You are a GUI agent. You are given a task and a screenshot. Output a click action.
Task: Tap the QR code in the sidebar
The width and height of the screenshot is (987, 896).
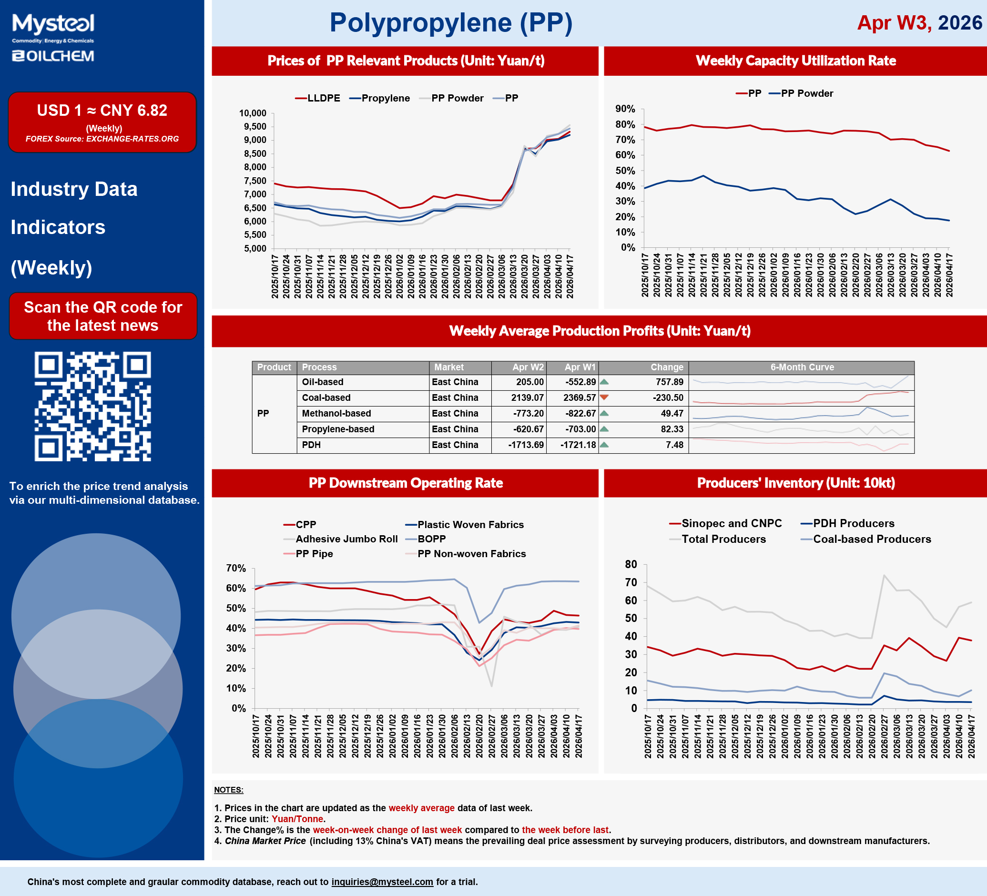pyautogui.click(x=92, y=406)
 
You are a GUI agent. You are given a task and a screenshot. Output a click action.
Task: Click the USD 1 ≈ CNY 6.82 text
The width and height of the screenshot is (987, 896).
pyautogui.click(x=102, y=111)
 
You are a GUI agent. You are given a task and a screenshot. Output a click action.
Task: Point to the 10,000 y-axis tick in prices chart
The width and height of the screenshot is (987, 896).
pyautogui.click(x=253, y=113)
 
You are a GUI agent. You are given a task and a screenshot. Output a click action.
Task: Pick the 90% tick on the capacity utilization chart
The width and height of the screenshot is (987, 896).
pyautogui.click(x=625, y=109)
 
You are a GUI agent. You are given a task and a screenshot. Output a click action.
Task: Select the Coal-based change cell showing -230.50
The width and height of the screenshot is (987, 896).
pyautogui.click(x=667, y=397)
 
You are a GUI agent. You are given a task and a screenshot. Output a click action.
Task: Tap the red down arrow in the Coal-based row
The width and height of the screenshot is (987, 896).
pyautogui.click(x=604, y=397)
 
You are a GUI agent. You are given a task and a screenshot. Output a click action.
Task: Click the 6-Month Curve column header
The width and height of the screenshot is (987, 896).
pyautogui.click(x=802, y=367)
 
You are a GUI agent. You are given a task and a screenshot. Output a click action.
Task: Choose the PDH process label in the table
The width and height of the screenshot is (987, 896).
pyautogui.click(x=311, y=445)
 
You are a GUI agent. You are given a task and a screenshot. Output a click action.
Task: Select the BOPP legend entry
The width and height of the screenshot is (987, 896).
pyautogui.click(x=431, y=539)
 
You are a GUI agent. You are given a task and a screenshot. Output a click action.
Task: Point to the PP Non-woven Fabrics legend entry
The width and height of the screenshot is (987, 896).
pyautogui.click(x=471, y=553)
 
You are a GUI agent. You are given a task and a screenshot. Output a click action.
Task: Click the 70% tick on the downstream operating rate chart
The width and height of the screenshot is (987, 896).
pyautogui.click(x=236, y=568)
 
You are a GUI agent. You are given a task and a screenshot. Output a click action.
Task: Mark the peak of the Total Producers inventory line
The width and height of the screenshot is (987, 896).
pyautogui.click(x=884, y=575)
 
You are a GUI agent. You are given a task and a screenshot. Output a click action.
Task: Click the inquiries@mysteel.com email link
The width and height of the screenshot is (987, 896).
pyautogui.click(x=382, y=882)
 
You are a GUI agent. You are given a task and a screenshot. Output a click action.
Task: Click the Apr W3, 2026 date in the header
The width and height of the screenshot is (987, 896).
pyautogui.click(x=919, y=23)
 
